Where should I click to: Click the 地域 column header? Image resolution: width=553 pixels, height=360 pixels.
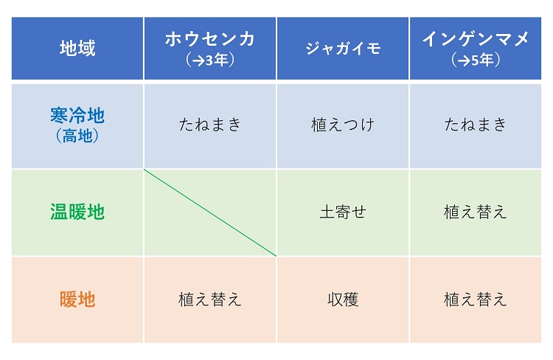77,48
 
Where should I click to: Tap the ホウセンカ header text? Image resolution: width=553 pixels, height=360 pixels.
210,39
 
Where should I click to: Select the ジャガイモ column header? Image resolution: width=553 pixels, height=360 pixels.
343,49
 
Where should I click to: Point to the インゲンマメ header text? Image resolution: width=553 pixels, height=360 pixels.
476,39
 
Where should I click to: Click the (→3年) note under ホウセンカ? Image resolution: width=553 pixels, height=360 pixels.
210,60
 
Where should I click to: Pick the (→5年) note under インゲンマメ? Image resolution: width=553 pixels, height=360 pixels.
476,60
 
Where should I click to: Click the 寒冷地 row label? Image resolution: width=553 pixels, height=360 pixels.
77,115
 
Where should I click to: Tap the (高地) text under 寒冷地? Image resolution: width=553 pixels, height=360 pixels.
77,136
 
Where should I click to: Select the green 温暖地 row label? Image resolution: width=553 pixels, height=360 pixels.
77,212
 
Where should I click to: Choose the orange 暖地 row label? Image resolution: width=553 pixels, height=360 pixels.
77,300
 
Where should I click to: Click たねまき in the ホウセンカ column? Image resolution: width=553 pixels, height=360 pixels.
210,124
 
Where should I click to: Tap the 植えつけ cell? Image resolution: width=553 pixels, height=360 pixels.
343,125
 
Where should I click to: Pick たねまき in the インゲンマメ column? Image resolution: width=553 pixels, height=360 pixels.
476,124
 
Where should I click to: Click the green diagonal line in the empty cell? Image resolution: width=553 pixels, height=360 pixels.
210,212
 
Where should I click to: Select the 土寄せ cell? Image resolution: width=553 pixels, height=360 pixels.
343,212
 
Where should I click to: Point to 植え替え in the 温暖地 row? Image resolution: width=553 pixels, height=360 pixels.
476,212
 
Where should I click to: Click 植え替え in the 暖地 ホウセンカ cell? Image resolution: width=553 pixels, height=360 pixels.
210,300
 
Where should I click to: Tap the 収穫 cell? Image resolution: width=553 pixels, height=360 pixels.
343,300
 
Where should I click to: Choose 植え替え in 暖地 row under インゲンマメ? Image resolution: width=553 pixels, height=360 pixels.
476,300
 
